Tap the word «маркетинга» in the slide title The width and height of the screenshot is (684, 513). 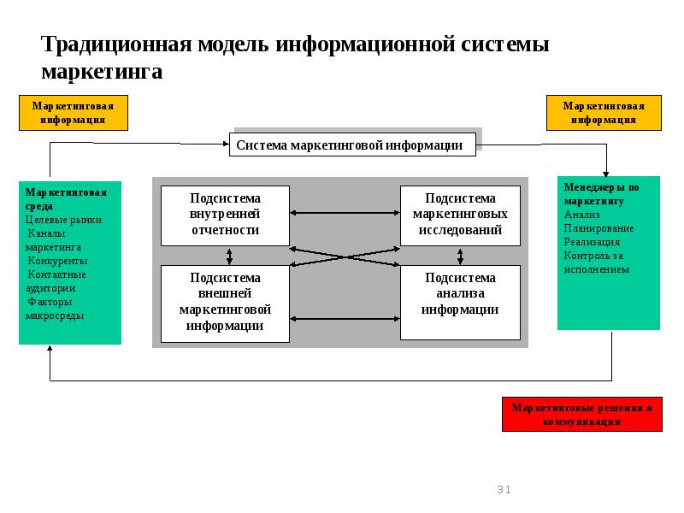(102, 72)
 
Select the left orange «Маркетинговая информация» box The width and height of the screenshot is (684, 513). (74, 113)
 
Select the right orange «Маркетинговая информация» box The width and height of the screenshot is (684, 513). (604, 113)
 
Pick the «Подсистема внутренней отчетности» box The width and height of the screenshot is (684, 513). (225, 215)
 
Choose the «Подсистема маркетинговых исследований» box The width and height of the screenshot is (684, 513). (460, 215)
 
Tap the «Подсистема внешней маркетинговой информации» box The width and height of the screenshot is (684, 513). (225, 303)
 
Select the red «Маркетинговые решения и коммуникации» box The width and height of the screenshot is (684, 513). (581, 415)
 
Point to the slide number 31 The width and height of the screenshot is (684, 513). (504, 490)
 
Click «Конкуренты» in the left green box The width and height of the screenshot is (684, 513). (57, 261)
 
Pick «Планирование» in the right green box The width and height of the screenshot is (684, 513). (598, 228)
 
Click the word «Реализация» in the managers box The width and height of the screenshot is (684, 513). (592, 242)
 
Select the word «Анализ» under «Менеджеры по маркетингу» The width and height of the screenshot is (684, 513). (582, 215)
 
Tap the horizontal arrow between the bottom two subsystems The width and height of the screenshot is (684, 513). (345, 319)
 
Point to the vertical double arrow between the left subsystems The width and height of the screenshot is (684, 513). (229, 256)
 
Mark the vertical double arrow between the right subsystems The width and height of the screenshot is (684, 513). (461, 256)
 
